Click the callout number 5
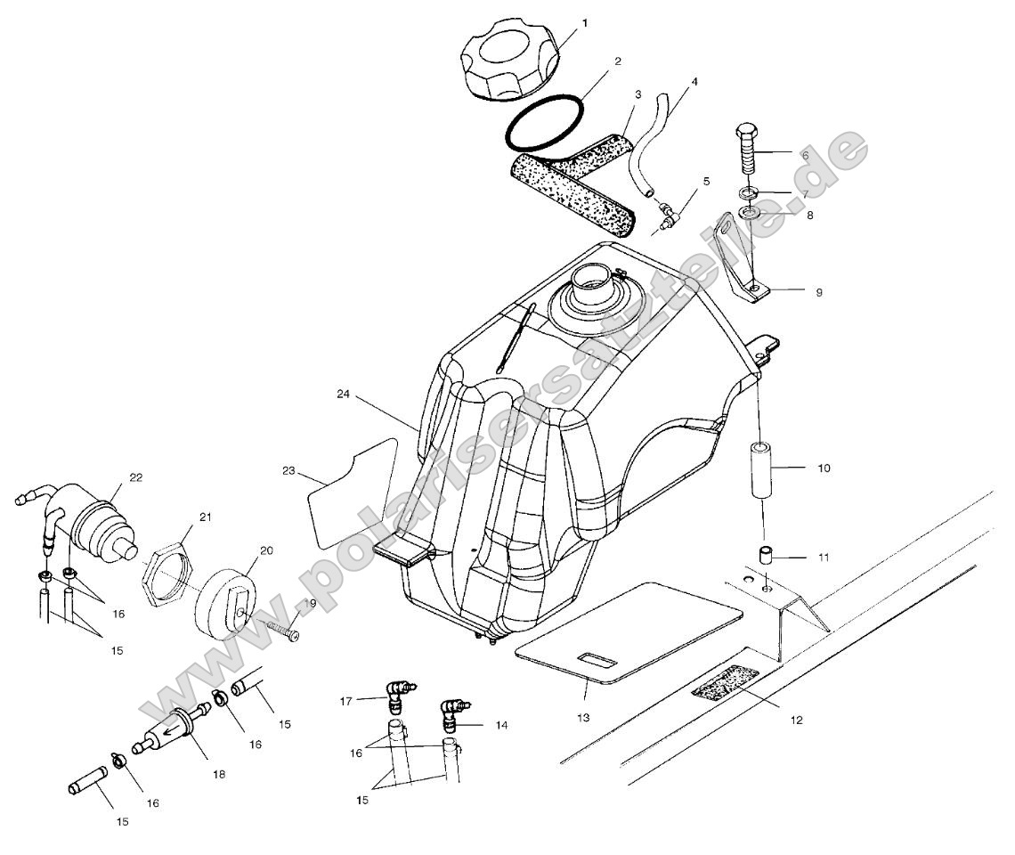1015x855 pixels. click(705, 181)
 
